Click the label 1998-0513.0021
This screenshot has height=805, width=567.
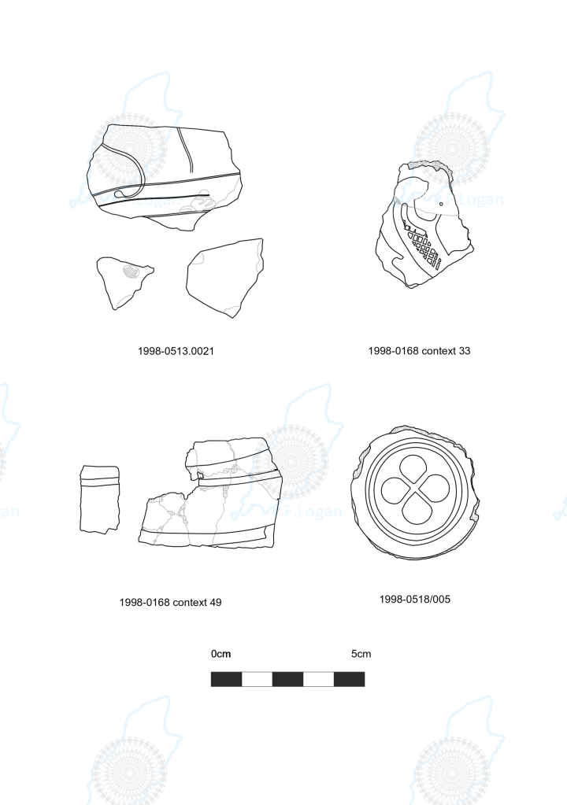click(176, 351)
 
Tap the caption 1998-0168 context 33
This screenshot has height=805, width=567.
click(419, 351)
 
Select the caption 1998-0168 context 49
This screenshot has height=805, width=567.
click(171, 602)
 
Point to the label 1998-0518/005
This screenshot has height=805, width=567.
click(415, 599)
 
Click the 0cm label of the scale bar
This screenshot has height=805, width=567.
click(220, 654)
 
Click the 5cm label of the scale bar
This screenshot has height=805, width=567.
click(361, 654)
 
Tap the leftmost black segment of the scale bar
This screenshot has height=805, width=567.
click(227, 679)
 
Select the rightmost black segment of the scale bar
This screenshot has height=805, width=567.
click(349, 679)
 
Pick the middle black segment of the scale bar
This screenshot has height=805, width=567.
click(287, 679)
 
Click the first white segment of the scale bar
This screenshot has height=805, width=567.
click(257, 679)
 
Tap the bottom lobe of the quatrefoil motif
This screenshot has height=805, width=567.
click(416, 510)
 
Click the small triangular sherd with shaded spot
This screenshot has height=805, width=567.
click(124, 280)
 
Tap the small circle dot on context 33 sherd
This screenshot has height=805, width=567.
click(441, 204)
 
